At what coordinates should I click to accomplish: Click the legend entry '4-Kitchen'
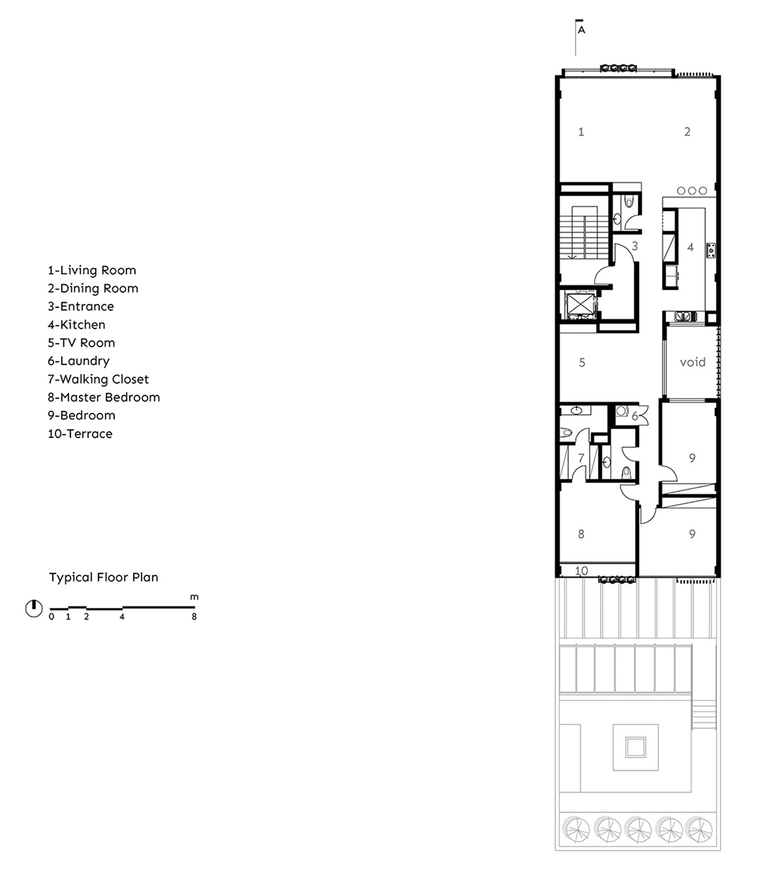pos(77,325)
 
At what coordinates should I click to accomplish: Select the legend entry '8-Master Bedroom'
pos(104,398)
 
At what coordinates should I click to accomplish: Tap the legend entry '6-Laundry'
pos(79,361)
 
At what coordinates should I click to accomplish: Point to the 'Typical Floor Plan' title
pos(103,578)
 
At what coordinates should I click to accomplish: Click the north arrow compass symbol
pos(34,608)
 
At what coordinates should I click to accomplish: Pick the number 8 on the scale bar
pos(194,616)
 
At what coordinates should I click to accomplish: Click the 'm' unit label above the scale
pos(194,597)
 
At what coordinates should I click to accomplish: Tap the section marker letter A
pos(581,30)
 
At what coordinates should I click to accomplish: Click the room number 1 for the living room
pos(581,132)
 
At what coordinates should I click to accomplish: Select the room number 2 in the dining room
pos(687,132)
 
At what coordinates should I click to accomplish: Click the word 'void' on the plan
pos(692,362)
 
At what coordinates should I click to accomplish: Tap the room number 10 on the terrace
pos(581,571)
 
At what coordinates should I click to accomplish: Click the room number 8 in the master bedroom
pos(581,534)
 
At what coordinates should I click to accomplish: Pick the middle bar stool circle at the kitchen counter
pos(692,191)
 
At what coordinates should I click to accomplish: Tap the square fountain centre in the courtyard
pos(636,748)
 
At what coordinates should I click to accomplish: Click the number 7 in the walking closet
pos(581,458)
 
